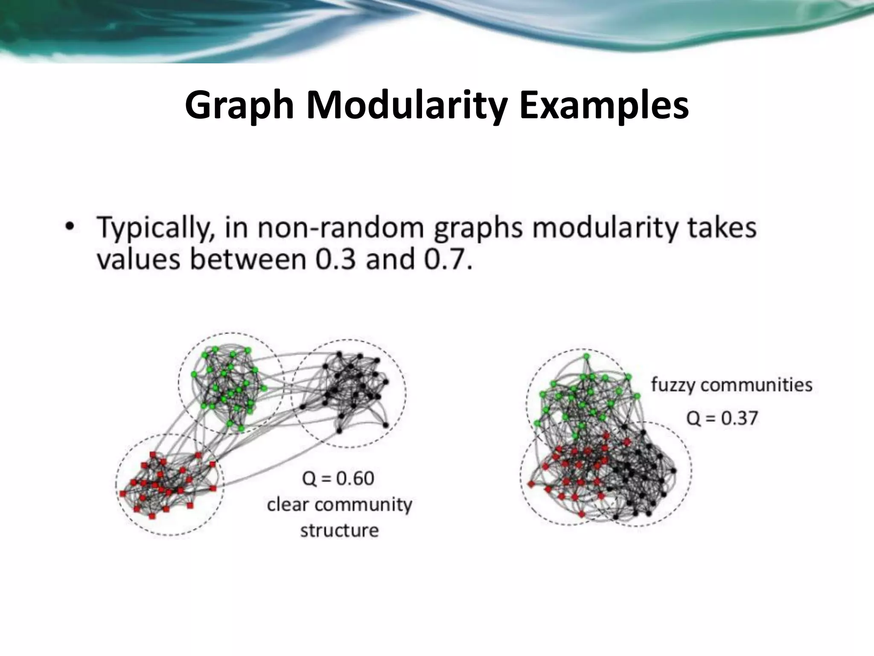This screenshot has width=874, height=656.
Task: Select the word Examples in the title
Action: pos(603,106)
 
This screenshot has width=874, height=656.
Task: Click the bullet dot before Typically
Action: pos(69,226)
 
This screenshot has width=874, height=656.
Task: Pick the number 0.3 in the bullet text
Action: pos(335,259)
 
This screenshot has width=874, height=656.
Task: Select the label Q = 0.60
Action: pos(338,478)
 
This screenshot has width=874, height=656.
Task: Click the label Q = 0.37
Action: pos(722,417)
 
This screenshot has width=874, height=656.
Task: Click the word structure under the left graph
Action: pos(339,530)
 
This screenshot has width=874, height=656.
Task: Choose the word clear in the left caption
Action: pos(287,504)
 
